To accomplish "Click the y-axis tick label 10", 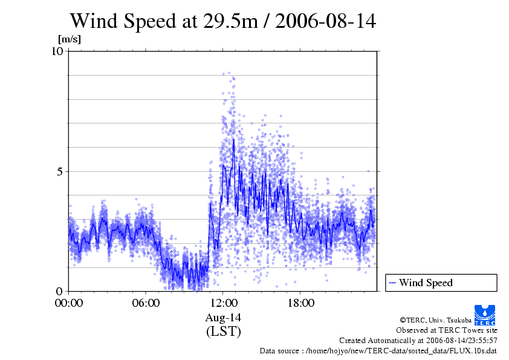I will [x=58, y=51].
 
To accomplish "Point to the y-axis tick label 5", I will [x=60, y=171].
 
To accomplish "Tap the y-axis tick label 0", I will [x=60, y=291].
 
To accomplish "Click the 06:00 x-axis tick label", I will [x=146, y=303].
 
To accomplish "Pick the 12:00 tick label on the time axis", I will [x=223, y=303].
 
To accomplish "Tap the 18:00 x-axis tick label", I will [x=300, y=303].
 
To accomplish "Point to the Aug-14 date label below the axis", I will [x=223, y=318].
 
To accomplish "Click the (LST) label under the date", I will [x=223, y=332].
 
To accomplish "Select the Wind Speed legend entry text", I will [x=426, y=283].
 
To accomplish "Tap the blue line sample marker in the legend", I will [x=393, y=283].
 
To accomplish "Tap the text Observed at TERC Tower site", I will [x=446, y=330].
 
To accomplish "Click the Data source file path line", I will [x=378, y=350].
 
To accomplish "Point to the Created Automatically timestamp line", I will [x=418, y=340].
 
